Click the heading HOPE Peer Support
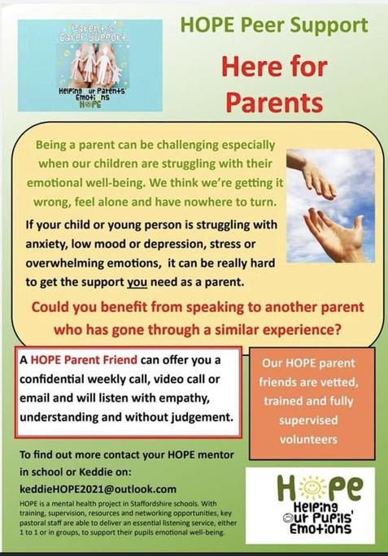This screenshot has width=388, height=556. tap(274, 25)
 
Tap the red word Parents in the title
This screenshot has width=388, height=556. tap(274, 102)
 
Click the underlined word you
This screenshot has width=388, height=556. tap(137, 282)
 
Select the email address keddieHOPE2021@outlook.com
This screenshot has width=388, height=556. tap(98, 489)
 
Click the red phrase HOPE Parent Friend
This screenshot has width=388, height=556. tap(84, 360)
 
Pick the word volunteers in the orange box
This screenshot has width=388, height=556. tap(308, 440)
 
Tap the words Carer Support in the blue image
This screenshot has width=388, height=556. tap(89, 37)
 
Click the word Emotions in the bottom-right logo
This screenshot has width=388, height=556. tap(320, 528)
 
